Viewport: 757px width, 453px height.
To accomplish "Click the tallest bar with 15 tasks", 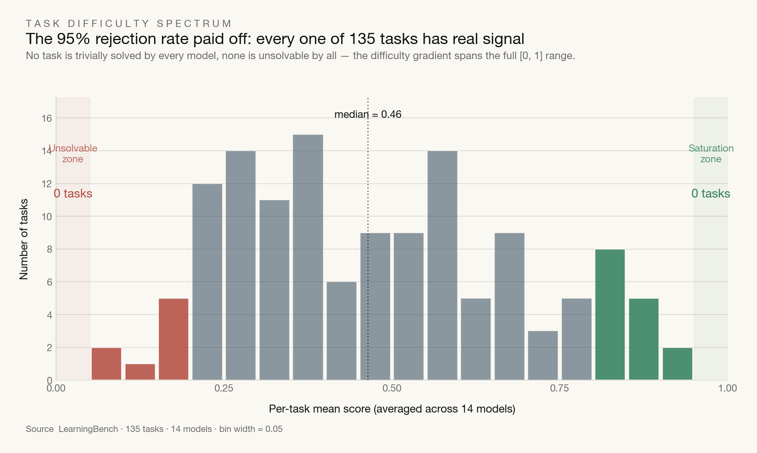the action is pos(308,257).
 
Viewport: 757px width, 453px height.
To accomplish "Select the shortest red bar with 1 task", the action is pos(140,372).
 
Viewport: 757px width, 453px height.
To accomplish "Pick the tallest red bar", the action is pos(174,339).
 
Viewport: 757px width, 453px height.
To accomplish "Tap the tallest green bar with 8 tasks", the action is pos(610,315).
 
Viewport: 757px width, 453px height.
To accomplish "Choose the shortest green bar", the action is pos(678,364).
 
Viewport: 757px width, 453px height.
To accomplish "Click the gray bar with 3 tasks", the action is pos(543,355).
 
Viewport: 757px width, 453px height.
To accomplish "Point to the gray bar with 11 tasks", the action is pos(274,290).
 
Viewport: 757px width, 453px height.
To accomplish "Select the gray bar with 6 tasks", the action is pos(342,331).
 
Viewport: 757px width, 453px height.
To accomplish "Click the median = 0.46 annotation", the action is pos(368,114).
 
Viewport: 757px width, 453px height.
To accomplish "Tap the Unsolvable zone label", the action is pos(73,154).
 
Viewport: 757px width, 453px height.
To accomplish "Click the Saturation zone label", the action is pos(711,154).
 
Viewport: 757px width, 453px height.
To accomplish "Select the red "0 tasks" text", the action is pos(73,194).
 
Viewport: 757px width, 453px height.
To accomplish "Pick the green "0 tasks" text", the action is pos(711,194).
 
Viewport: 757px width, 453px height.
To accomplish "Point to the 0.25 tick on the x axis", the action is pos(224,388).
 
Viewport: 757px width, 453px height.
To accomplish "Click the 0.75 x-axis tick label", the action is pos(560,388).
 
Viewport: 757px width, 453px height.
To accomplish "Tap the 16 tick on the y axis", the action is pos(47,118).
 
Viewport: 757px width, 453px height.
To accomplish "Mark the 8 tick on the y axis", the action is pos(50,250).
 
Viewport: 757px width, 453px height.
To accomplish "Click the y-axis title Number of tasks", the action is pos(24,239).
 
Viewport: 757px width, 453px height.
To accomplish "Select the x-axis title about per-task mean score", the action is pos(392,409).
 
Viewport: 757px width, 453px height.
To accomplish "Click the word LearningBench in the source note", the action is pos(88,429).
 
